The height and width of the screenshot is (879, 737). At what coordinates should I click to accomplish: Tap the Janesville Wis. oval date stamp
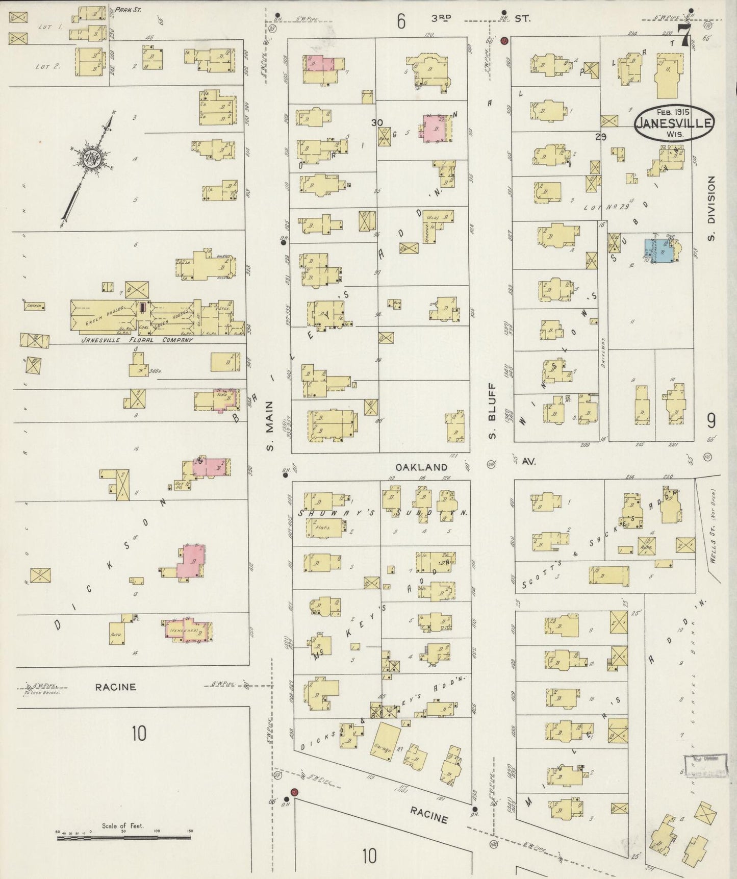click(x=674, y=123)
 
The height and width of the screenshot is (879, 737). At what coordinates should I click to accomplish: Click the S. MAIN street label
click(x=270, y=425)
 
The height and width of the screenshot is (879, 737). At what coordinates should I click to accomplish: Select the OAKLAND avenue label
click(x=422, y=467)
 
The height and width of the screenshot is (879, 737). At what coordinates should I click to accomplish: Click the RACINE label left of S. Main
click(x=115, y=687)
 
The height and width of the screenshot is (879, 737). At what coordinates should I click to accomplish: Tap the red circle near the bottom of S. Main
click(x=294, y=792)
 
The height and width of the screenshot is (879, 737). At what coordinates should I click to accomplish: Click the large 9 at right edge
click(x=710, y=420)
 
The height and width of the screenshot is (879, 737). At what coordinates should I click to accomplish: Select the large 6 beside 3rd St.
click(x=401, y=21)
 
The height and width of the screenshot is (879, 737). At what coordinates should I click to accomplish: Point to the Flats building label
click(x=323, y=528)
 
